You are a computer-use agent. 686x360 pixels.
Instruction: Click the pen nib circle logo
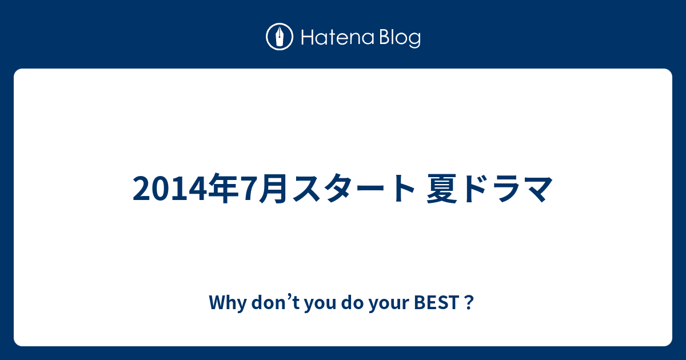pos(280,37)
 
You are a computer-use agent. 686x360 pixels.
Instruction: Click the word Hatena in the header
pos(338,37)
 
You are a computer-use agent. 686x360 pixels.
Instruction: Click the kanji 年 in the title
pos(223,188)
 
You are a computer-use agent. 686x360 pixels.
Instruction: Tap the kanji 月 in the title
pos(273,188)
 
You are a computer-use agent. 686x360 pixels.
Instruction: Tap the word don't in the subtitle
pos(276,302)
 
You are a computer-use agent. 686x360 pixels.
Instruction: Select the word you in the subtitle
pos(320,304)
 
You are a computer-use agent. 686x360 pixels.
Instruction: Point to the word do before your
pos(353,302)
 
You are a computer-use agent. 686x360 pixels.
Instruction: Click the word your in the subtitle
pos(389,304)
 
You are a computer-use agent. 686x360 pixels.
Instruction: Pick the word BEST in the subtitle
pos(436,302)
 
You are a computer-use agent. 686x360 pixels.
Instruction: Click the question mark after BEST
pos(469,302)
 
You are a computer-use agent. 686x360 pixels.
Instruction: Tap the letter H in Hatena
pos(308,37)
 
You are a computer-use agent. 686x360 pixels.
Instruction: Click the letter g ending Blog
pos(414,40)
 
